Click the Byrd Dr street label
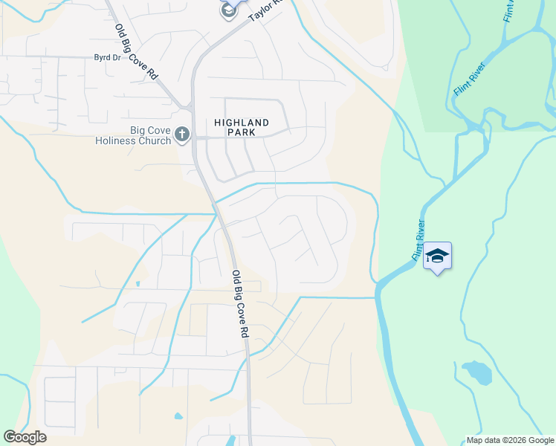(107, 57)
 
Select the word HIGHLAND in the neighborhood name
(241, 123)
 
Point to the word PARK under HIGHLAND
(241, 132)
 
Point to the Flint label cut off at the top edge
(510, 10)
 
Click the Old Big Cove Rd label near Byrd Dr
(138, 52)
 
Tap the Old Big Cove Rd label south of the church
(239, 305)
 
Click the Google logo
(25, 437)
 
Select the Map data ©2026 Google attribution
(510, 440)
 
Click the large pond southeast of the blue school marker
(476, 372)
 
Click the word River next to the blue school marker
(421, 230)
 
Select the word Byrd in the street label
(101, 57)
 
